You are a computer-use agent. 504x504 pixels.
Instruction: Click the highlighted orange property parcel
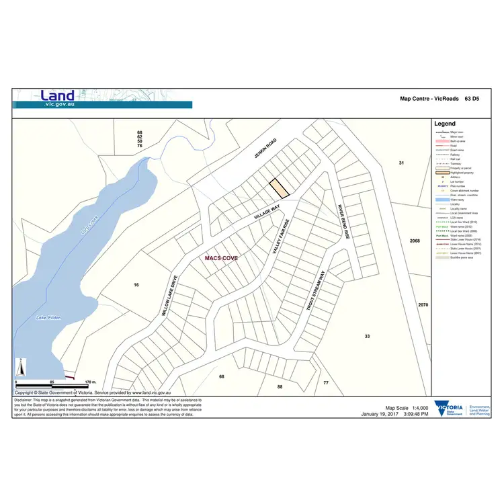279,188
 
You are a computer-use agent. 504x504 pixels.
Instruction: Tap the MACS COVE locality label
221,257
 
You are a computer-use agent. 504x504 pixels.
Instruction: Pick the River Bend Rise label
343,221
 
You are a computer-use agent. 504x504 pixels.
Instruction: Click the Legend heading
445,124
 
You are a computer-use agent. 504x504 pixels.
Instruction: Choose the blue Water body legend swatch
441,200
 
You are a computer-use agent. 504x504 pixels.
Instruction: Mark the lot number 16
136,285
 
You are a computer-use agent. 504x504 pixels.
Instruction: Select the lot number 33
367,335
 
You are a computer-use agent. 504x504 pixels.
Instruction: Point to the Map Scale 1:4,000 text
407,408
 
